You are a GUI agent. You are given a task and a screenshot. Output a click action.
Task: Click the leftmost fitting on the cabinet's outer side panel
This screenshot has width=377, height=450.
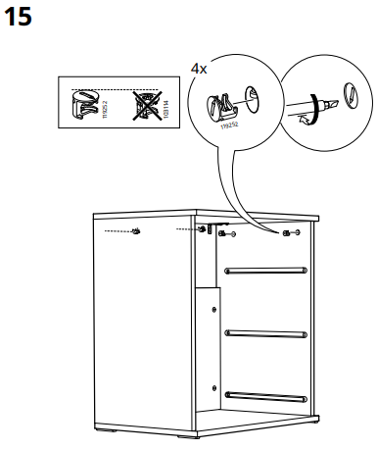pyautogui.click(x=137, y=232)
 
